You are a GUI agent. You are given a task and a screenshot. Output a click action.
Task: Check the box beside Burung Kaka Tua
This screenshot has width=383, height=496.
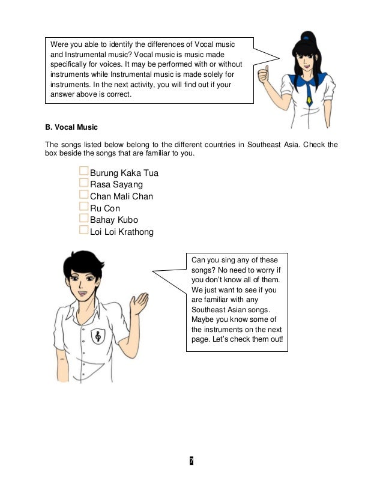[x=83, y=173]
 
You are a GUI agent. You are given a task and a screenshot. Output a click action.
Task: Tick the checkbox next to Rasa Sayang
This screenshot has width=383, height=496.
[x=83, y=184]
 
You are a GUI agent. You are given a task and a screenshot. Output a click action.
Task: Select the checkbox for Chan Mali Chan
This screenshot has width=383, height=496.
[x=83, y=196]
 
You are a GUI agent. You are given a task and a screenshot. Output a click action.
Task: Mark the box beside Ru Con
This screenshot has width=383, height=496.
[x=83, y=208]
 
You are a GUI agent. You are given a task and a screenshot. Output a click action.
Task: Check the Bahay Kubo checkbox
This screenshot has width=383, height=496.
[x=83, y=219]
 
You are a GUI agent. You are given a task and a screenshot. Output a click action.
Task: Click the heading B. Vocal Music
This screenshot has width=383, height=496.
[x=71, y=128]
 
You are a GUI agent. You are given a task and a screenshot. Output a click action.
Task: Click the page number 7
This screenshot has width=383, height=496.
[x=191, y=461]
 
